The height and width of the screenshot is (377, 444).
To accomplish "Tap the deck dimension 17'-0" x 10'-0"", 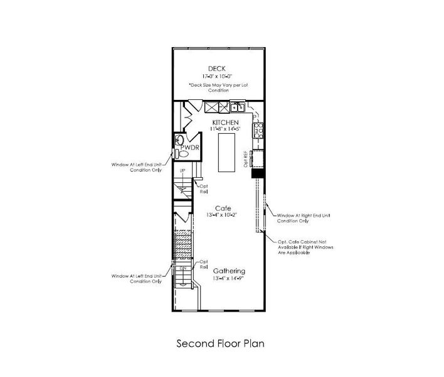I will [216, 76].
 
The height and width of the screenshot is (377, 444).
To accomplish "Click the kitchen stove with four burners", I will [257, 130].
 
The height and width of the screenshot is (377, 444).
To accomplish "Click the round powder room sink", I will [180, 139].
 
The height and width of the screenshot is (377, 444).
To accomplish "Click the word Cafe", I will [223, 208].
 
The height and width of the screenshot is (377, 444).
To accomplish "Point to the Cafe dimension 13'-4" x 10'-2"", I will [223, 216].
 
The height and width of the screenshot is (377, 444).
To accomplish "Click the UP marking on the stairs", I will [182, 171].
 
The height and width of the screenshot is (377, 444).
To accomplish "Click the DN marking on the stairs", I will [183, 269].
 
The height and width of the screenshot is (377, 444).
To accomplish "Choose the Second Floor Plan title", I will [220, 344].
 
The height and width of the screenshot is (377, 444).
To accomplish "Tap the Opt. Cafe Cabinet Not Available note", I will [305, 248].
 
